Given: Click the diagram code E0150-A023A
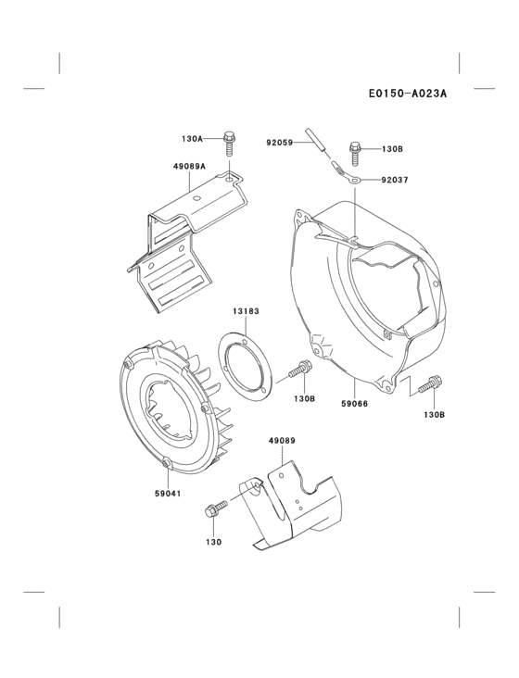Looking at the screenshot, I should (x=407, y=93).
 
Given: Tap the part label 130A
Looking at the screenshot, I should (x=192, y=140).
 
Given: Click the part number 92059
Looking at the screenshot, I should (x=279, y=142).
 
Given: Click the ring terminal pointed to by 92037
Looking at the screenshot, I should (x=353, y=178).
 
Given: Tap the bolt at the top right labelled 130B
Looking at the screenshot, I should (x=355, y=150).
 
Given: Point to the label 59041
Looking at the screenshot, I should (x=168, y=493).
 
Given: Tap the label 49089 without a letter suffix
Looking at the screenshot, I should (x=282, y=441).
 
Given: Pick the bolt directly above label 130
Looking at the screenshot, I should (x=218, y=508).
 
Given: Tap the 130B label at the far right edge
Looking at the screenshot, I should (x=434, y=414).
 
